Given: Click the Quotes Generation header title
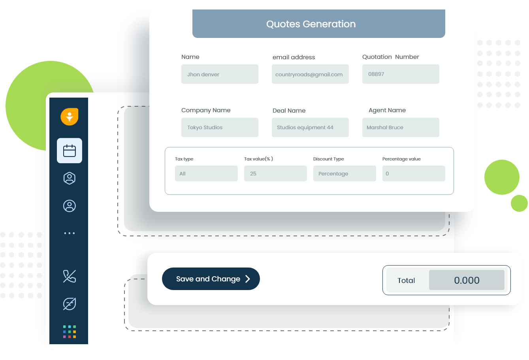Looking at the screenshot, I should pyautogui.click(x=311, y=24).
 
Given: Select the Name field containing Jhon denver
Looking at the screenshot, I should pyautogui.click(x=220, y=74).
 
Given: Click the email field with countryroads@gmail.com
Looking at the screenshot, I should pyautogui.click(x=310, y=74).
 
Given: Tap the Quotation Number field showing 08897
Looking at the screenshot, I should pyautogui.click(x=401, y=74).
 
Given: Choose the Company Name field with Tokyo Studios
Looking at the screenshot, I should pyautogui.click(x=220, y=127).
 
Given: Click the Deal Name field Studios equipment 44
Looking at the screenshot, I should pyautogui.click(x=310, y=127).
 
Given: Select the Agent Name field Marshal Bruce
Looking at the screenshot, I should pyautogui.click(x=401, y=127).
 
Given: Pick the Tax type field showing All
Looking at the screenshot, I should pyautogui.click(x=206, y=173).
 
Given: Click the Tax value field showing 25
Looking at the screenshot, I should pyautogui.click(x=275, y=173).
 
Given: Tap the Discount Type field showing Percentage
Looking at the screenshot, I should pyautogui.click(x=345, y=173).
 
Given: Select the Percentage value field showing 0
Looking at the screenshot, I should pyautogui.click(x=414, y=173).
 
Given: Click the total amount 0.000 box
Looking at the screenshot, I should pyautogui.click(x=467, y=280).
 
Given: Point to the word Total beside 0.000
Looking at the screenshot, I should pyautogui.click(x=406, y=281).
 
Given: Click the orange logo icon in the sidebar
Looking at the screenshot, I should pyautogui.click(x=70, y=117).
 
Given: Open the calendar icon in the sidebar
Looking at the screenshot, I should pyautogui.click(x=70, y=151).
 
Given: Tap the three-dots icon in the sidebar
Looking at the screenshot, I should pyautogui.click(x=70, y=233).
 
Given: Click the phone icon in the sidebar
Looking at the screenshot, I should pyautogui.click(x=70, y=276).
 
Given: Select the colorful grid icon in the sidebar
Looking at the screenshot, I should pyautogui.click(x=70, y=332).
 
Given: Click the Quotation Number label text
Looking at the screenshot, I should pyautogui.click(x=390, y=57).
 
